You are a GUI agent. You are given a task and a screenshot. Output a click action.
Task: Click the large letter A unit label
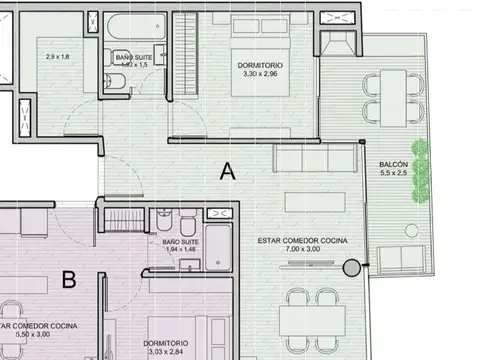[x=227, y=171]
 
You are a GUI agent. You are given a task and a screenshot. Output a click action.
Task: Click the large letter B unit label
[x=69, y=280]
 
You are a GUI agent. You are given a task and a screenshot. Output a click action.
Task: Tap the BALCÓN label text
[x=393, y=165]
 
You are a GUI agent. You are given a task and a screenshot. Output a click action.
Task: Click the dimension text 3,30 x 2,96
[x=259, y=75]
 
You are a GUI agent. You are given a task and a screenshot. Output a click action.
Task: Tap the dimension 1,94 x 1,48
[x=180, y=251]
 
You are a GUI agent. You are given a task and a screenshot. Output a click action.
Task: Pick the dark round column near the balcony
[x=351, y=267]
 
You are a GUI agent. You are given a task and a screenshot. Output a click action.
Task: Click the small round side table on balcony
[x=410, y=233]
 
